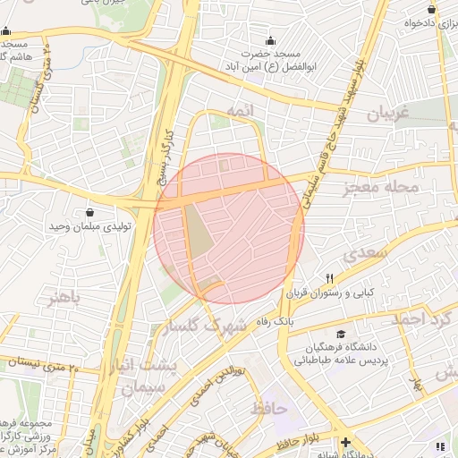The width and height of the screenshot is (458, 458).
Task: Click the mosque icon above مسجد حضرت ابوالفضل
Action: (x=272, y=41)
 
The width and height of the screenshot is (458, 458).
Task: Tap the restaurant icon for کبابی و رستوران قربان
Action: (x=330, y=278)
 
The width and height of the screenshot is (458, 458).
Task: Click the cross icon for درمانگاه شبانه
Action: (x=346, y=442)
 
